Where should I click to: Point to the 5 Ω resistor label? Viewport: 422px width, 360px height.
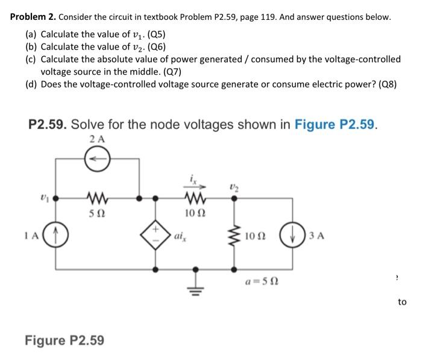click(x=97, y=212)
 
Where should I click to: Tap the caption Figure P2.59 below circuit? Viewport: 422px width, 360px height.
click(x=64, y=340)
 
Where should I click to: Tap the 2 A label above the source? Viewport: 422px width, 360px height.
click(x=96, y=140)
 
